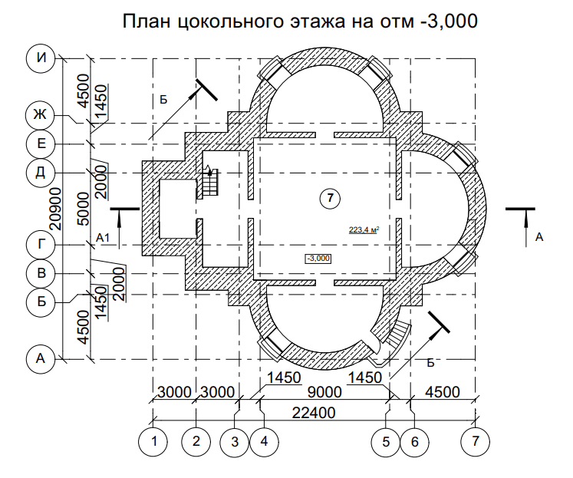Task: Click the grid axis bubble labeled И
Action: click(41, 58)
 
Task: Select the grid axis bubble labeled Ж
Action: click(40, 115)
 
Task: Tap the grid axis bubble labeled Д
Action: click(40, 172)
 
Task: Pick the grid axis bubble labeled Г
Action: click(41, 245)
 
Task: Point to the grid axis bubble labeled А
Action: click(41, 359)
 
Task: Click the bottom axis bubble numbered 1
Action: click(153, 442)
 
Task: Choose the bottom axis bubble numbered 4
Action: click(264, 442)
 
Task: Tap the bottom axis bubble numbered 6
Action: click(414, 442)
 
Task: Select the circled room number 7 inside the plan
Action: click(330, 198)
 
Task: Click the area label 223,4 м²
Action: click(364, 230)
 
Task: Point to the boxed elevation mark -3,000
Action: click(318, 259)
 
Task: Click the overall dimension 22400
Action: click(314, 413)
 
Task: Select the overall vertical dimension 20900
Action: click(55, 209)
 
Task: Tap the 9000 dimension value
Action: click(324, 392)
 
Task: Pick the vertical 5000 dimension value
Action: click(84, 209)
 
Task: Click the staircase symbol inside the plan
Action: click(209, 183)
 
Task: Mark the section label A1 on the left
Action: click(103, 239)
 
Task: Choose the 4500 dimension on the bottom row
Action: click(442, 392)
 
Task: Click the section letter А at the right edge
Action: click(539, 238)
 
